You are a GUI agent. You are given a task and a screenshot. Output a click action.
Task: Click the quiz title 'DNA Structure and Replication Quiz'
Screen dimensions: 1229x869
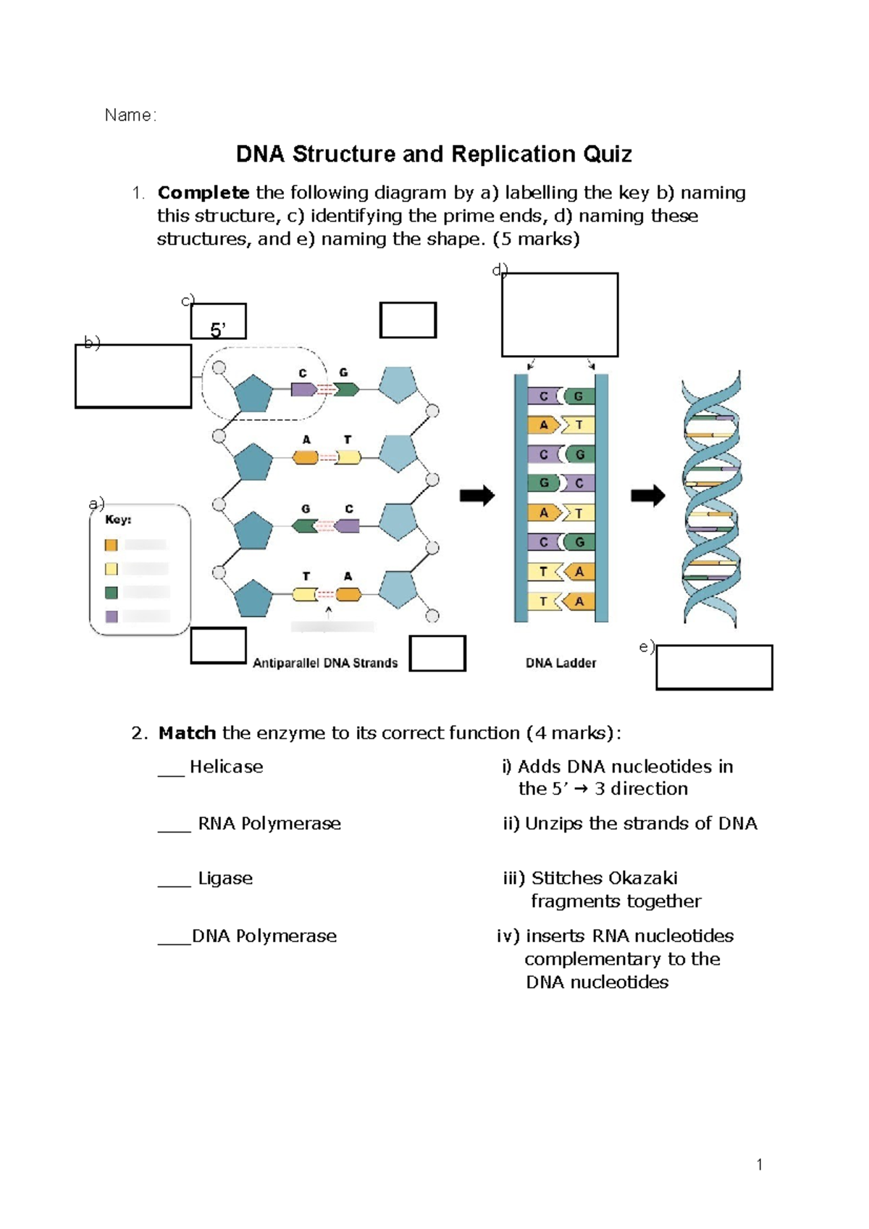[434, 154]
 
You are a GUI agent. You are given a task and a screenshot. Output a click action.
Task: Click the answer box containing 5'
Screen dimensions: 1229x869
[218, 322]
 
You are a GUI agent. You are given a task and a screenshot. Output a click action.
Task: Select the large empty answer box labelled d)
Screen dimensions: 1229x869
[560, 314]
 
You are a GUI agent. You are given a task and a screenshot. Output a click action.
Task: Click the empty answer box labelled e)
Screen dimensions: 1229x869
[714, 667]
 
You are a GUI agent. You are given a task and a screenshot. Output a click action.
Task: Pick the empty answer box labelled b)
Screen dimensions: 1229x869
[133, 376]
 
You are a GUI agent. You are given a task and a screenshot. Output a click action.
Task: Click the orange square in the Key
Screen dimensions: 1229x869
[111, 545]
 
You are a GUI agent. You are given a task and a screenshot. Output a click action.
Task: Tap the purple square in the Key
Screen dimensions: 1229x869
[111, 617]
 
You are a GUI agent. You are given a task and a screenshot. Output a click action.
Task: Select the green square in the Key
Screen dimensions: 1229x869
[111, 593]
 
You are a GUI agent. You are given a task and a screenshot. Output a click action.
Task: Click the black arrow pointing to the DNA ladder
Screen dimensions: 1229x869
[477, 496]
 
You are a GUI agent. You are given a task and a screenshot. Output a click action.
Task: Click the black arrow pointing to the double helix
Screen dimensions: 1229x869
[648, 496]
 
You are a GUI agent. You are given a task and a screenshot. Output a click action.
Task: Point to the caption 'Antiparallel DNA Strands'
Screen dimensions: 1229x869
[325, 663]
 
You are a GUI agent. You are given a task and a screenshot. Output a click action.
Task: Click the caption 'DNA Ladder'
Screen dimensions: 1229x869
[561, 663]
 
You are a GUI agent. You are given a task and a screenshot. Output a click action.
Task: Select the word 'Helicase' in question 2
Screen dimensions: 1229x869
[227, 767]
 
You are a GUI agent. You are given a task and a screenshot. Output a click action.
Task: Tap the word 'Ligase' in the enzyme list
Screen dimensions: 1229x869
[225, 878]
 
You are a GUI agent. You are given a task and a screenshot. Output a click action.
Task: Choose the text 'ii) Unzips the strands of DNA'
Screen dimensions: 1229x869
[630, 823]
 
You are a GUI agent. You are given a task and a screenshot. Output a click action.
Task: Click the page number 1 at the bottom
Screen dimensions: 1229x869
[759, 1165]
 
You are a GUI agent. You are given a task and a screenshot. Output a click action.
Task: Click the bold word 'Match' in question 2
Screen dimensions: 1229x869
[187, 733]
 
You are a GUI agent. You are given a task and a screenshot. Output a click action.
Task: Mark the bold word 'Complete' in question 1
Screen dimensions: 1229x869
[203, 193]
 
